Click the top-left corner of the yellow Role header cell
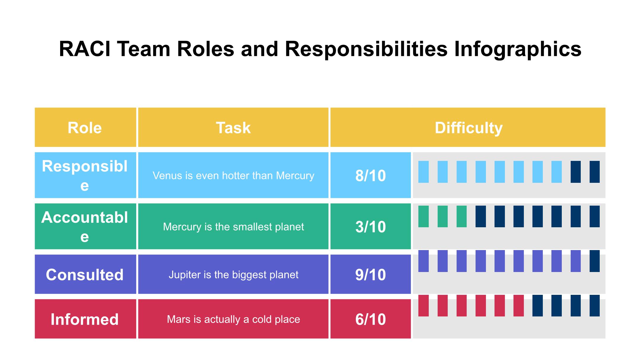pos(35,108)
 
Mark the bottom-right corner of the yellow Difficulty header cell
pos(605,147)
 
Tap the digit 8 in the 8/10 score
pos(359,176)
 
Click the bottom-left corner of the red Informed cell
pos(35,338)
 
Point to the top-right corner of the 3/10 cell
pos(411,204)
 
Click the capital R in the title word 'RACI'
pos(65,49)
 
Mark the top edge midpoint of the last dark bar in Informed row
pos(595,295)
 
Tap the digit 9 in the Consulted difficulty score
pos(359,275)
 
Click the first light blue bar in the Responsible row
pos(423,172)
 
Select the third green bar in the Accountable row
pos(462,217)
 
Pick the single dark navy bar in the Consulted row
pos(595,261)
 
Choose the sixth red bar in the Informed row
pos(519,305)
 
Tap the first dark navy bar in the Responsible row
pos(576,172)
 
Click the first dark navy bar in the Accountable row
pos(481,217)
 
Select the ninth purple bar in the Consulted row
pos(576,261)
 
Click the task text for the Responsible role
pos(233,176)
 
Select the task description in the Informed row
pos(233,319)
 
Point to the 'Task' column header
pos(233,128)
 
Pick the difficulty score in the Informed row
pos(371,319)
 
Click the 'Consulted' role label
pos(85,275)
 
